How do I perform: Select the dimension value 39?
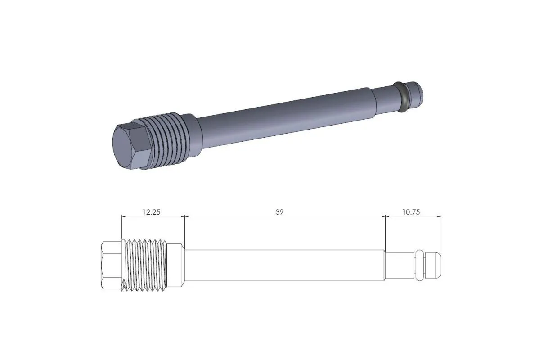click(279, 212)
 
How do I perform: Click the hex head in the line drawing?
click(111, 265)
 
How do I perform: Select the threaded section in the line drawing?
click(145, 265)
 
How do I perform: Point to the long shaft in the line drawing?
click(283, 265)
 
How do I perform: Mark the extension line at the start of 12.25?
click(121, 227)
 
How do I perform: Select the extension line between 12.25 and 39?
click(185, 229)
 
